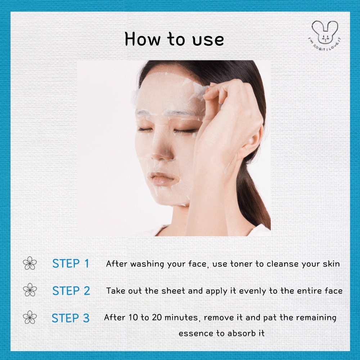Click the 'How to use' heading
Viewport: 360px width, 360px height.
[x=174, y=39]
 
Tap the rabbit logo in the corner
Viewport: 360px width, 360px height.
[x=325, y=35]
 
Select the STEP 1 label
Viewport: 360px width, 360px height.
[x=71, y=264]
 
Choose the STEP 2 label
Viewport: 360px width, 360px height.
[x=71, y=291]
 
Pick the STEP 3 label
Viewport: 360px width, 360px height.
[x=71, y=318]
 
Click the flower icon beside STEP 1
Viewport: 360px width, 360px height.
[x=30, y=263]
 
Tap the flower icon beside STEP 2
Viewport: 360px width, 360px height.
[x=30, y=290]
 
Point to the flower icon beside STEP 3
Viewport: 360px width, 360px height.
[x=30, y=317]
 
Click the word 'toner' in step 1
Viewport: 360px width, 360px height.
[x=242, y=264]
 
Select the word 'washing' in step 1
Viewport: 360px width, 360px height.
[x=147, y=264]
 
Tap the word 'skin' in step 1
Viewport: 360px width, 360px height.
[x=331, y=264]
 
